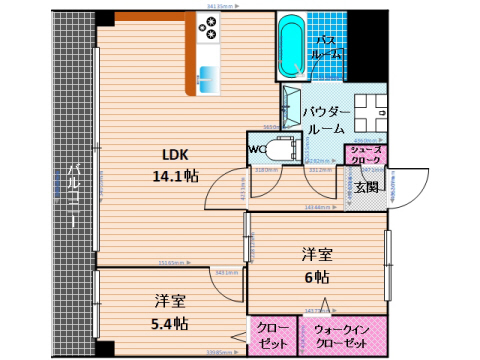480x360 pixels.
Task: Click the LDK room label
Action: pyautogui.click(x=177, y=155)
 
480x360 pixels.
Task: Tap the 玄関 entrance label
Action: pyautogui.click(x=366, y=186)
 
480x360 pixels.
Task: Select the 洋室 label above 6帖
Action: pyautogui.click(x=318, y=254)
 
